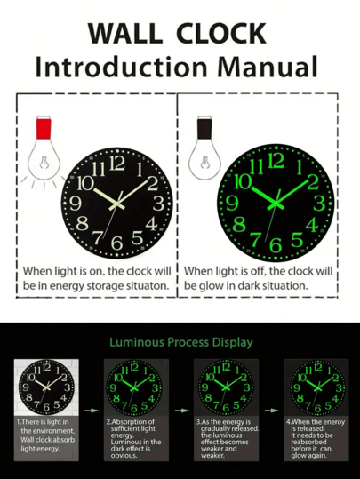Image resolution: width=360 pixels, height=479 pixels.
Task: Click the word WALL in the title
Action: click(x=124, y=33)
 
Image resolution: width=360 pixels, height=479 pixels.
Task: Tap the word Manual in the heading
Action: click(x=265, y=66)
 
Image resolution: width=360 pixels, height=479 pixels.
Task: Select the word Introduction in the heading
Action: click(x=121, y=66)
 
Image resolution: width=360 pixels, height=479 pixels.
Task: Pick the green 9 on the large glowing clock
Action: click(x=236, y=202)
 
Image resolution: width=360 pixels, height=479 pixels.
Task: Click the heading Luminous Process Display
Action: click(x=180, y=342)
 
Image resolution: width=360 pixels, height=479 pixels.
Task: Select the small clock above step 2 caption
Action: click(x=132, y=387)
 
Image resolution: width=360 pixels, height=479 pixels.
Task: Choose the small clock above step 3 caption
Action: click(x=221, y=387)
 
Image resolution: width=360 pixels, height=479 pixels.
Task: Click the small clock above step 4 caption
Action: click(x=311, y=387)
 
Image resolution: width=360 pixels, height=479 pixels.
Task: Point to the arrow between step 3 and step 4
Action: click(x=267, y=411)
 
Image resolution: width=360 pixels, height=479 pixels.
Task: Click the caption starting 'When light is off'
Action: click(x=259, y=277)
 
